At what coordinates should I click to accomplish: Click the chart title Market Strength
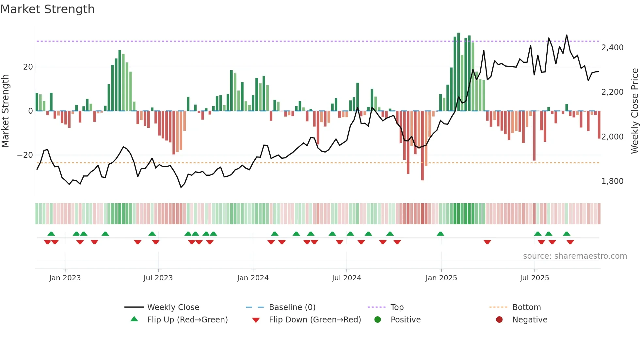[x=47, y=9]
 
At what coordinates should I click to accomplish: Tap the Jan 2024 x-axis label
[x=253, y=278]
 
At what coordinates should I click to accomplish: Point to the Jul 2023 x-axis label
[x=158, y=278]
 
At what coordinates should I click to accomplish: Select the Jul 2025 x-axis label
[x=534, y=278]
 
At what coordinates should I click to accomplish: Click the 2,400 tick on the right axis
[x=612, y=48]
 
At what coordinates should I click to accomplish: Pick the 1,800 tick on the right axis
[x=612, y=181]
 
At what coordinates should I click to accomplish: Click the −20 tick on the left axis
[x=25, y=155]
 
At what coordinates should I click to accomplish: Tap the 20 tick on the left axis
[x=28, y=67]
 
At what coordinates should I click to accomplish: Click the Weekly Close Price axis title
[x=634, y=111]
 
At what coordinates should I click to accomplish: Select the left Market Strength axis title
[x=5, y=111]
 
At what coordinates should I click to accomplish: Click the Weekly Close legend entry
[x=173, y=307]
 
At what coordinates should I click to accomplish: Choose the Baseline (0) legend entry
[x=292, y=307]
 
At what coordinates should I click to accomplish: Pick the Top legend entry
[x=397, y=307]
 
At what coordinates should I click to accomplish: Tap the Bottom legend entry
[x=526, y=307]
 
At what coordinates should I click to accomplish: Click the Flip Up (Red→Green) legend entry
[x=187, y=320]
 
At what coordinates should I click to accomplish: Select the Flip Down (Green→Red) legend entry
[x=315, y=320]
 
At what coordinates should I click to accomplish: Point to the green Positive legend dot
[x=378, y=320]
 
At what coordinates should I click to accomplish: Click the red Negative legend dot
[x=499, y=320]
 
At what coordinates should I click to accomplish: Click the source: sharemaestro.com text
[x=575, y=256]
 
